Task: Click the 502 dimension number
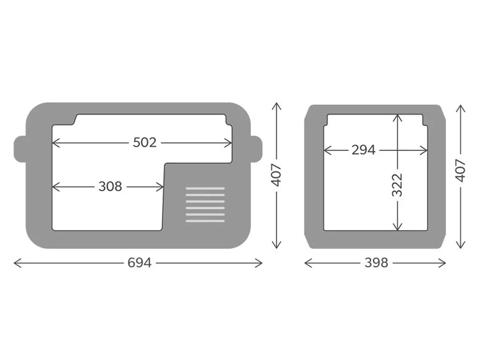click(x=145, y=143)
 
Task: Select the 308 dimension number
click(x=110, y=186)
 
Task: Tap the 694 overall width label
click(x=140, y=263)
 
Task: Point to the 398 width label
click(x=376, y=263)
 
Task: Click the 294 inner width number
click(x=364, y=150)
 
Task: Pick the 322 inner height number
click(x=397, y=185)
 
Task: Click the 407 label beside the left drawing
click(x=276, y=175)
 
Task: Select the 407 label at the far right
click(x=461, y=171)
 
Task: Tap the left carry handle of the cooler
click(x=20, y=148)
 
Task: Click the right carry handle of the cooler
click(x=257, y=148)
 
